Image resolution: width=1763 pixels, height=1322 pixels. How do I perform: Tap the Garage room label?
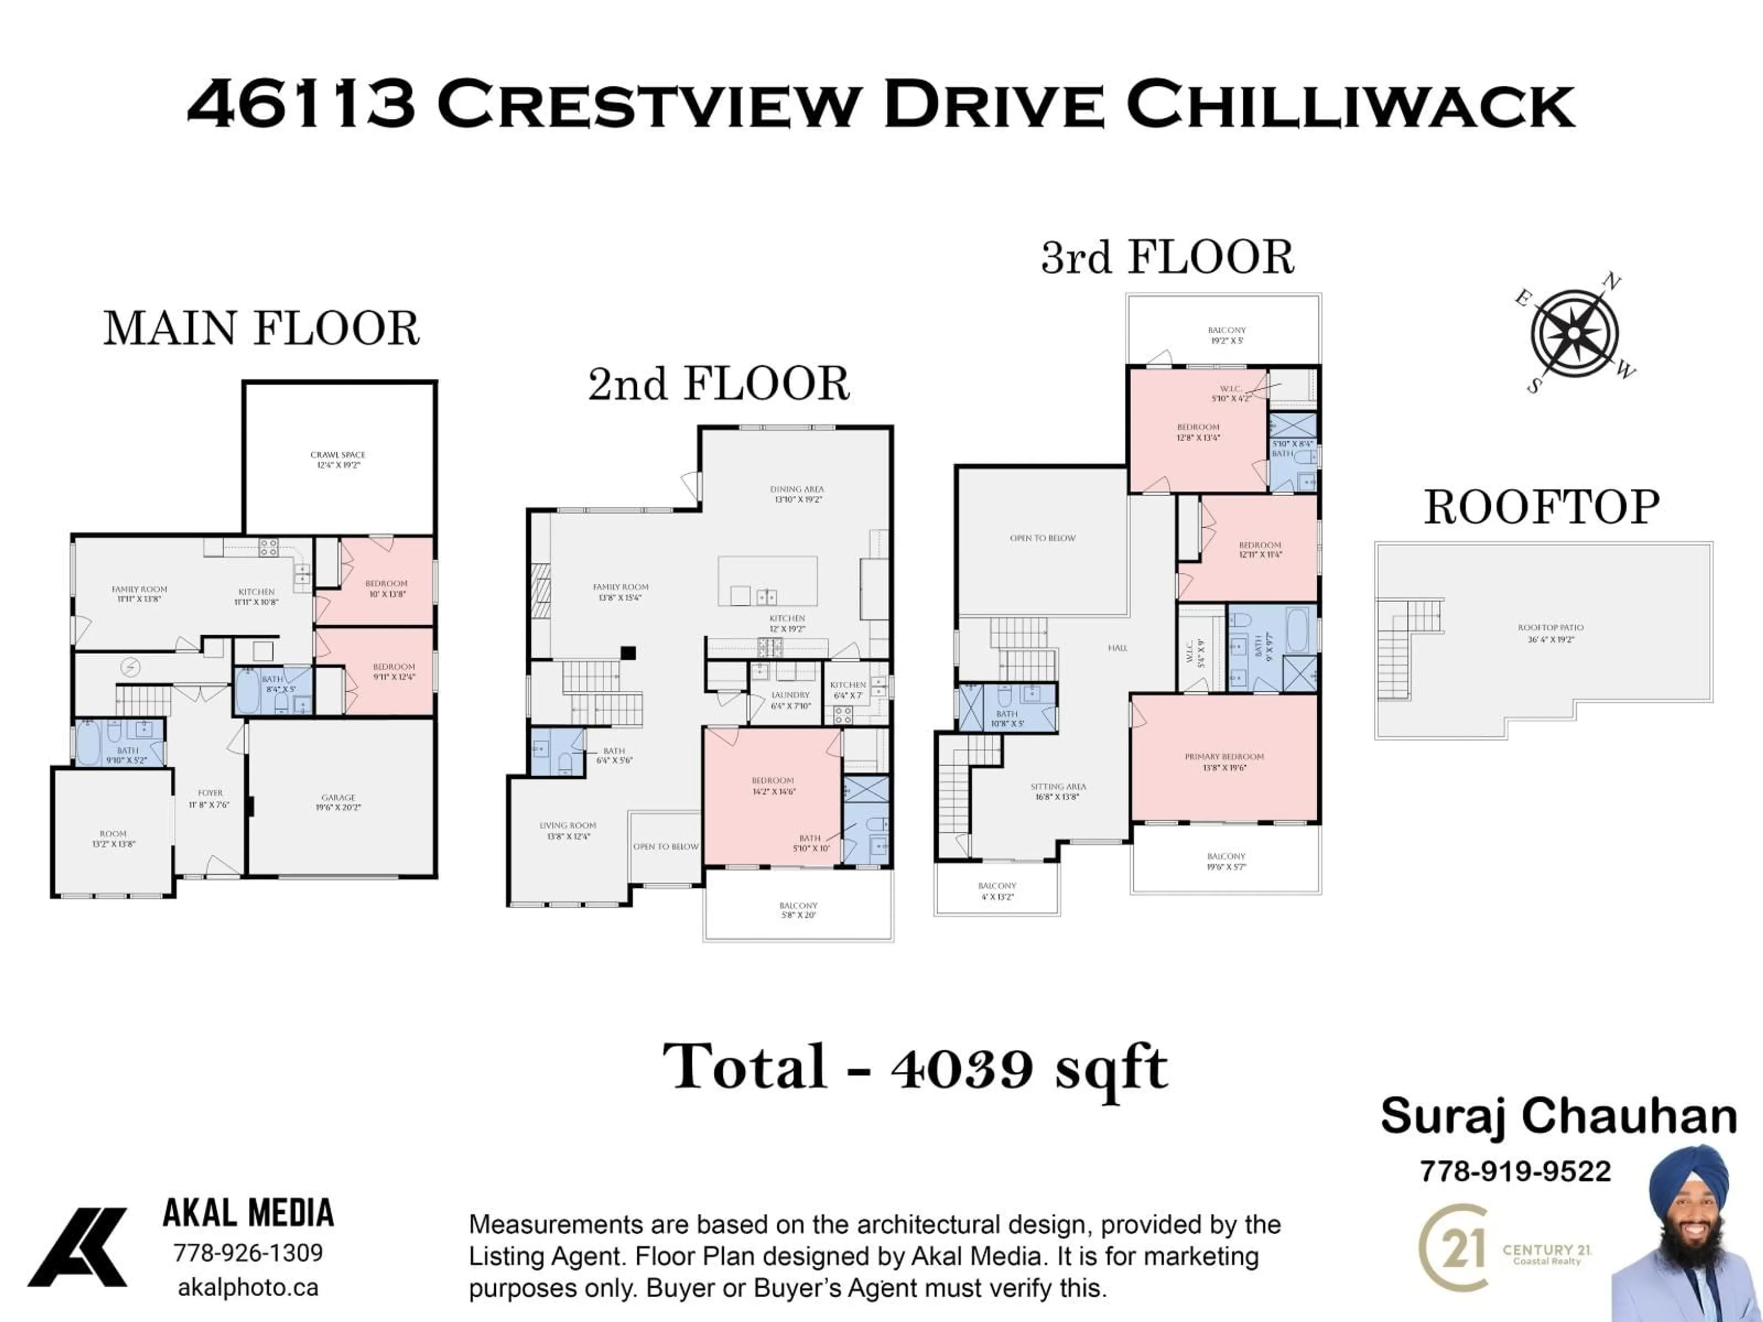[338, 801]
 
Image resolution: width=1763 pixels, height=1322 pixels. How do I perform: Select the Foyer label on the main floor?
[210, 798]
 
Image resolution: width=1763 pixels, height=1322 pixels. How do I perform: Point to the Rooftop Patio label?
[1550, 633]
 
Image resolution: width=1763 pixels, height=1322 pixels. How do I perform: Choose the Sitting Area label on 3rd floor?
[1058, 790]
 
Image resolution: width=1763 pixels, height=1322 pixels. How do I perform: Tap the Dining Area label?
[797, 493]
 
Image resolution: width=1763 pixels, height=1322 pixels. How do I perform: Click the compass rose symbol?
[1574, 334]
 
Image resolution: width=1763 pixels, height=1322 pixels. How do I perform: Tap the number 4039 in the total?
[962, 1069]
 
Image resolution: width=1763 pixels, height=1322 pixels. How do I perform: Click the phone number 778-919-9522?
[1515, 1171]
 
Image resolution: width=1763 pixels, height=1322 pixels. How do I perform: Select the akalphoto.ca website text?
[248, 1288]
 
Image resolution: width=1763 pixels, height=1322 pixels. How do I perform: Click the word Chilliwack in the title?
[1350, 104]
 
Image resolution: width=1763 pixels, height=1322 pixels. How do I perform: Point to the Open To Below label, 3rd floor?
[1042, 538]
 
